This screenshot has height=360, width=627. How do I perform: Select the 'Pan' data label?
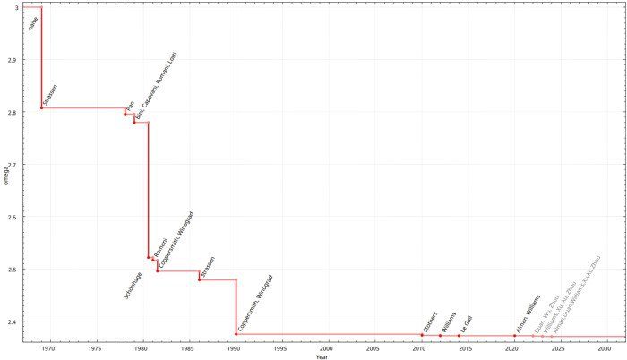(x=129, y=105)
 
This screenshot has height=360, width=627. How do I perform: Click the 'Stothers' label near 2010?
(x=429, y=322)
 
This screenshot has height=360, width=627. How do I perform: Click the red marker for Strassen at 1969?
(x=41, y=107)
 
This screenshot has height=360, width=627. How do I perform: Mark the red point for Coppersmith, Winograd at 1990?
(x=236, y=334)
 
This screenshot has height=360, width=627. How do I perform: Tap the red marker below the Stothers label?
(x=421, y=335)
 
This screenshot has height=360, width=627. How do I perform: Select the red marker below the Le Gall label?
(x=459, y=336)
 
